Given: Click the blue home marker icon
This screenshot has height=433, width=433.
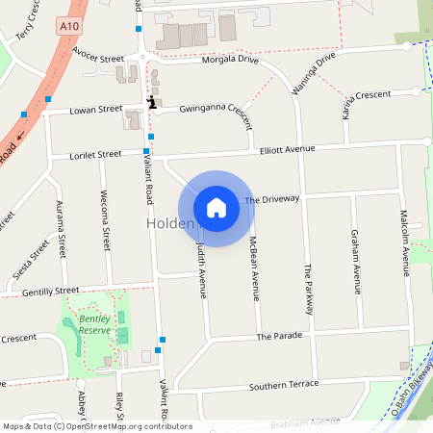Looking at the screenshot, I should pos(216,207).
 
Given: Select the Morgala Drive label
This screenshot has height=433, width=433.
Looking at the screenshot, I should pos(230,60).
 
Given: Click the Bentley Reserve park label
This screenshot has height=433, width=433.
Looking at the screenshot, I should pos(94,324).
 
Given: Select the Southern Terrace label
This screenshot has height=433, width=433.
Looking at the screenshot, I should pos(283,384).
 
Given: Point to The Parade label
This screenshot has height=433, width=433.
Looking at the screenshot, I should pos(279,337).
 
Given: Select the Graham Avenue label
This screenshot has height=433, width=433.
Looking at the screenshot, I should pos(355,260).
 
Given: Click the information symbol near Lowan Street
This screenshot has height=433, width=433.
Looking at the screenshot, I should pos(151,101).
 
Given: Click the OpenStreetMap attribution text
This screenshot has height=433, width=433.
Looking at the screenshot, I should pos(96,426).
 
